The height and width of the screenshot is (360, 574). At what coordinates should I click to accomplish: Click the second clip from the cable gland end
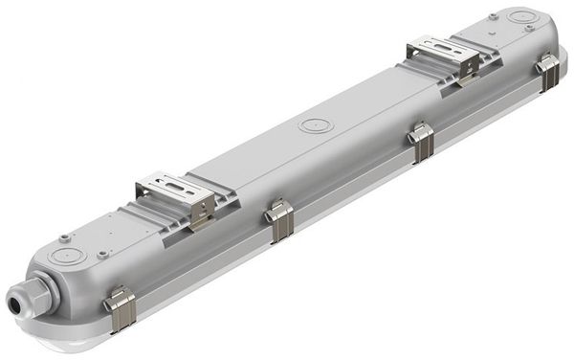pyautogui.click(x=278, y=221)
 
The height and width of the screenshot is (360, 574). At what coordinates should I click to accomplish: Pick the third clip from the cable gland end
pyautogui.click(x=420, y=141)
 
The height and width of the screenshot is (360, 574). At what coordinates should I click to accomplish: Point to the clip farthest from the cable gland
pyautogui.click(x=548, y=73)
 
